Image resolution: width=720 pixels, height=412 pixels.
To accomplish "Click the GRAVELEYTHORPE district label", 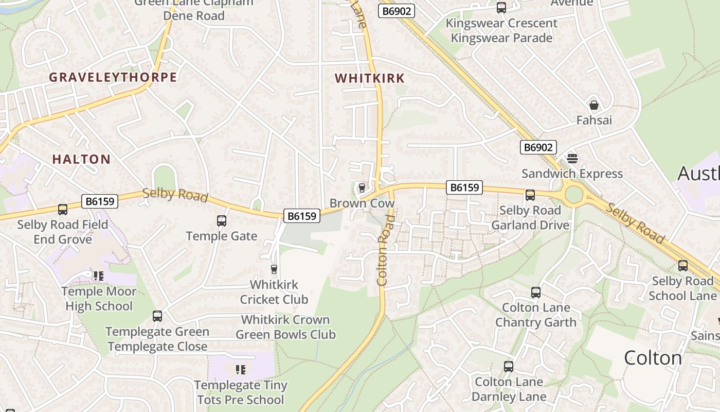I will (x=113, y=77).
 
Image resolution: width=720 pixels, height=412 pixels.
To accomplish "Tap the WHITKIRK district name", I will (x=369, y=78).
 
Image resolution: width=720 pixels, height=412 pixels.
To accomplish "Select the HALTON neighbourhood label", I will (x=81, y=159).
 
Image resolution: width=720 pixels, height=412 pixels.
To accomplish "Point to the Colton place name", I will (x=653, y=357).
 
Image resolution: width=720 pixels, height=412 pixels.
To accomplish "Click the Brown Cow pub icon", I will (x=362, y=187).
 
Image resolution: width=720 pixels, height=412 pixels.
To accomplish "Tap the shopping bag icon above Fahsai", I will (x=594, y=105).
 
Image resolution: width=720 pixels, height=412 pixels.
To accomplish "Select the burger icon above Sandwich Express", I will (x=572, y=159).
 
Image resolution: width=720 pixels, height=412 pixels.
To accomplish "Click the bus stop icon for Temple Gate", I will (x=222, y=221).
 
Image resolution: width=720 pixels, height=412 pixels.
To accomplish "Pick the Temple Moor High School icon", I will (x=98, y=276).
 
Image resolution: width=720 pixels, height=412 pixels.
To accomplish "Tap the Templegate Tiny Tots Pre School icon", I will (x=240, y=369).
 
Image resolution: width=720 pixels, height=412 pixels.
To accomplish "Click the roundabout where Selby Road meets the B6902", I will (x=573, y=195).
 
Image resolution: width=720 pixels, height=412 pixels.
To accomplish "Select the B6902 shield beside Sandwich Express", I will (x=538, y=148).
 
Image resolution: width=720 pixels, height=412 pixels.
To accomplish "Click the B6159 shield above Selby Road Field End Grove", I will (x=100, y=201).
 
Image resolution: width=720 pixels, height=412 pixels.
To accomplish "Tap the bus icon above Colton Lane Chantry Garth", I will (x=535, y=293).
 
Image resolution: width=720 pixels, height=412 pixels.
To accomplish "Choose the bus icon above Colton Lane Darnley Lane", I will (x=508, y=367).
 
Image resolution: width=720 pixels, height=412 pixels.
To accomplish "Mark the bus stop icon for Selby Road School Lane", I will (x=682, y=266).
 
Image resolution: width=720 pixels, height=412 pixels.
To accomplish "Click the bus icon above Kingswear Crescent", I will (x=501, y=8).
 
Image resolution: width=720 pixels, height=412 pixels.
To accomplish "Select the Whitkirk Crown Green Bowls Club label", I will (x=285, y=327).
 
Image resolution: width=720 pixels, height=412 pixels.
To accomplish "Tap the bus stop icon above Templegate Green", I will (x=157, y=316).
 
